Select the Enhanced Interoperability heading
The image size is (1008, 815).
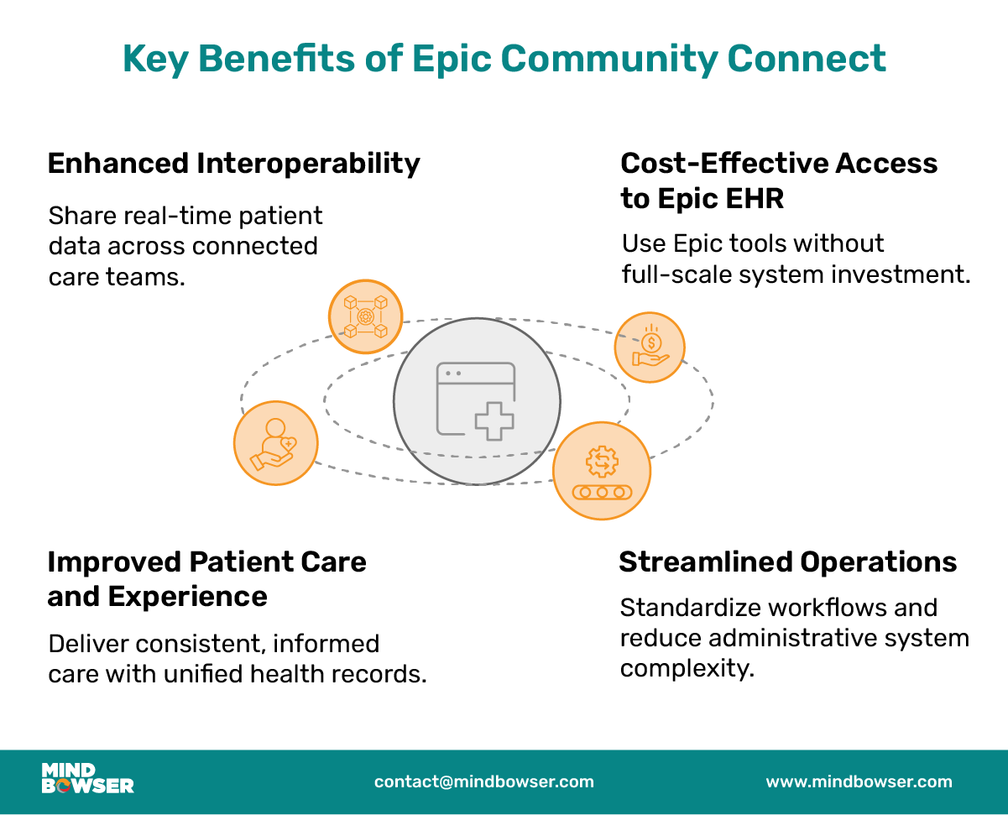click(233, 163)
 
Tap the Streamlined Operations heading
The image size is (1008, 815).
click(787, 562)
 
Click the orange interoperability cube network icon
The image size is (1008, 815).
click(365, 316)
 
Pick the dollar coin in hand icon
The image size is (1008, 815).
click(650, 347)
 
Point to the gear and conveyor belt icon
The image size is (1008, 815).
click(602, 470)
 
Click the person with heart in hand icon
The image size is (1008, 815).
click(275, 443)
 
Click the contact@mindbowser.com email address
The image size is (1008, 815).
click(483, 781)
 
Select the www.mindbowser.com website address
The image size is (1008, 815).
click(859, 781)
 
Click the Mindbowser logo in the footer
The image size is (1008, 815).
click(87, 779)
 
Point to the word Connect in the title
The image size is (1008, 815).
click(807, 60)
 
